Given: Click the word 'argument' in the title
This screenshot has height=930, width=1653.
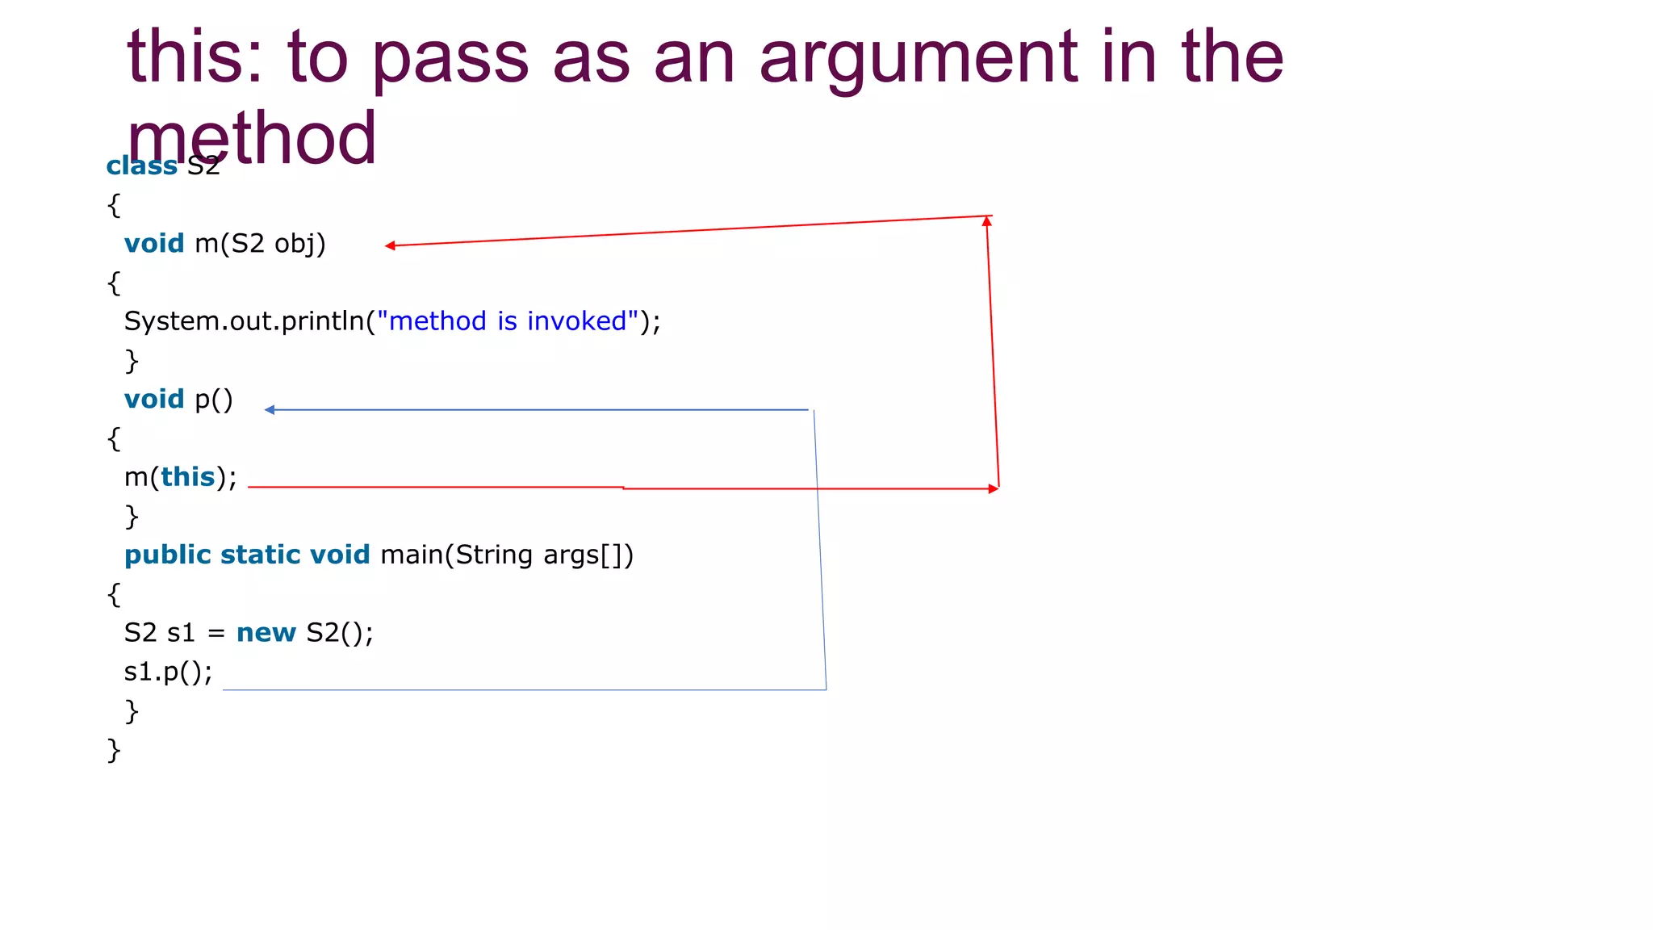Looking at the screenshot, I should (919, 58).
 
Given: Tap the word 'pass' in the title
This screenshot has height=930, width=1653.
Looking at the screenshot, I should (450, 58).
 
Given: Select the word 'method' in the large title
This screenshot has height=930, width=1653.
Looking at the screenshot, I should (251, 139).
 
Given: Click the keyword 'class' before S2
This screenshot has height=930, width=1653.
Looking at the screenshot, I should (142, 165).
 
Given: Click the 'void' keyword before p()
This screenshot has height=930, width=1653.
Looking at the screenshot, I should (154, 400).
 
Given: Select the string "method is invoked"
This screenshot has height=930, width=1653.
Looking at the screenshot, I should (508, 321).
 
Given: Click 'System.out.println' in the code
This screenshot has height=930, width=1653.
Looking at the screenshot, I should (244, 321).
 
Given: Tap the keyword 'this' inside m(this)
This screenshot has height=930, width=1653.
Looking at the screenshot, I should (187, 477).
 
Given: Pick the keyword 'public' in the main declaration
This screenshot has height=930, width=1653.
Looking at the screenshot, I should (167, 555).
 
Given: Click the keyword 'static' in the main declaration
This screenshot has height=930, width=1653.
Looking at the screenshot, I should (261, 555).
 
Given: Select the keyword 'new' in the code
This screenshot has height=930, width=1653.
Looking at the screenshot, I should (266, 633).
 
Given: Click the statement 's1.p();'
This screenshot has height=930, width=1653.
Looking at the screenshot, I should (168, 672).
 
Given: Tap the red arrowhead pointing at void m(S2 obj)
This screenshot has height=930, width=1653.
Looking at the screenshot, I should (390, 245).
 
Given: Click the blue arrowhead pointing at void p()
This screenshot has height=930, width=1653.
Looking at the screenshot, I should (270, 410).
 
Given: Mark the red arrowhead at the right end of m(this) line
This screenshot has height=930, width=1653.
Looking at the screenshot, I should (994, 488).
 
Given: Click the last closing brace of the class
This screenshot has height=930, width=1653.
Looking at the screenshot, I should (114, 750).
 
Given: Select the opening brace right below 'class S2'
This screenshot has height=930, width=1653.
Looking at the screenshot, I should (114, 205).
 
